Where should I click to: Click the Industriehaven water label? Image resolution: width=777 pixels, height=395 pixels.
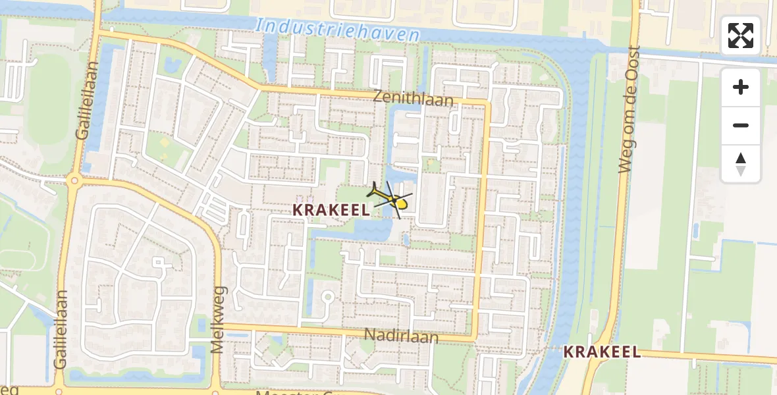coord(338,30)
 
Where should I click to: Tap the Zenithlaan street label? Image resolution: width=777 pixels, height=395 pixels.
coord(413,98)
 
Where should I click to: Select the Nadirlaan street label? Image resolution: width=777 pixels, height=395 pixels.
coord(401,336)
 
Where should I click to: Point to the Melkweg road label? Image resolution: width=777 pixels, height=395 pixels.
coord(218,319)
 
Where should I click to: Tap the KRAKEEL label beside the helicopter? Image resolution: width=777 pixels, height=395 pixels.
coord(331,209)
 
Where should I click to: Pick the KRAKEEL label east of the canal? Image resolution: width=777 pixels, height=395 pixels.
coord(602,352)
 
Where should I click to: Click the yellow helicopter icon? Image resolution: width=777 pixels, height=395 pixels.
coord(394,200)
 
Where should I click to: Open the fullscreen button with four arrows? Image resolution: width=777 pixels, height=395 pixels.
coord(741,36)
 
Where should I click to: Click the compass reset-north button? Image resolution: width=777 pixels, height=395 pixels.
coord(741,164)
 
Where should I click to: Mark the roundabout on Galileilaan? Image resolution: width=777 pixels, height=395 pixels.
coord(74,180)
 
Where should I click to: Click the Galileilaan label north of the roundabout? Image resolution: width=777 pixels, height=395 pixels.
coord(83,100)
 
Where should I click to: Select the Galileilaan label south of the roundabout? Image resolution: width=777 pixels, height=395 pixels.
coord(62,329)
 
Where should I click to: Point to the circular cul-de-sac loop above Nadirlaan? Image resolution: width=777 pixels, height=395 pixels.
coord(326,298)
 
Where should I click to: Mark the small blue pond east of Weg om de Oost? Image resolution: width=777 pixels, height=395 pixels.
coord(695,230)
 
